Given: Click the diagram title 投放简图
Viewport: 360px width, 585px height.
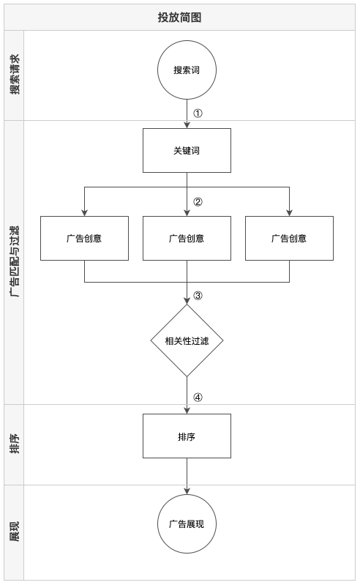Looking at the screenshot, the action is (x=179, y=18).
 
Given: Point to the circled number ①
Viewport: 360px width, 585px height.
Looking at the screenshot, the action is (x=198, y=113).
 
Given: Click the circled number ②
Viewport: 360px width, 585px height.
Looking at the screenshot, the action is (x=198, y=202).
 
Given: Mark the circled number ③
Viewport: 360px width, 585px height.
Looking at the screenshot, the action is (x=198, y=296).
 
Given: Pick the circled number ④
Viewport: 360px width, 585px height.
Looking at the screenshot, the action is (x=198, y=398).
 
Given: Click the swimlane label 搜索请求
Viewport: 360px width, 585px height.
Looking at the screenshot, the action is (x=15, y=75).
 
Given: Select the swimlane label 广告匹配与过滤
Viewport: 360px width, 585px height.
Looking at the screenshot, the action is (x=15, y=261).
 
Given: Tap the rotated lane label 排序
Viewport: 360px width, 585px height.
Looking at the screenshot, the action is (x=15, y=444).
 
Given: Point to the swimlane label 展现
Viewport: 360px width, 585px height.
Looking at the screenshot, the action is (x=15, y=532).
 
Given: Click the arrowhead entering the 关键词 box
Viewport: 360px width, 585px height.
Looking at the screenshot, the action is (x=187, y=125).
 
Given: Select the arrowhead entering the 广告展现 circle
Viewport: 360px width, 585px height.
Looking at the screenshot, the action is (x=187, y=491).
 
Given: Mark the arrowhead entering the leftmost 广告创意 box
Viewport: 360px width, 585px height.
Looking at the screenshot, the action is (x=84, y=212).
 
